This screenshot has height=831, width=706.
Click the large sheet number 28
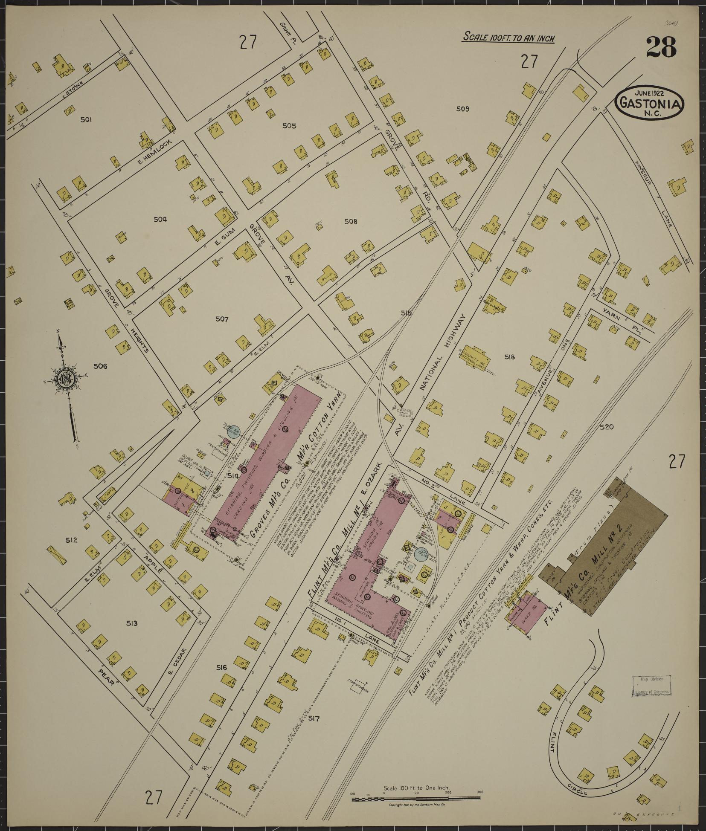(x=661, y=47)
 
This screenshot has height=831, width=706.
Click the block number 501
(x=86, y=120)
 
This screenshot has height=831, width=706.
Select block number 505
(x=289, y=126)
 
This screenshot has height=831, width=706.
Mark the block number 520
(x=606, y=427)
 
